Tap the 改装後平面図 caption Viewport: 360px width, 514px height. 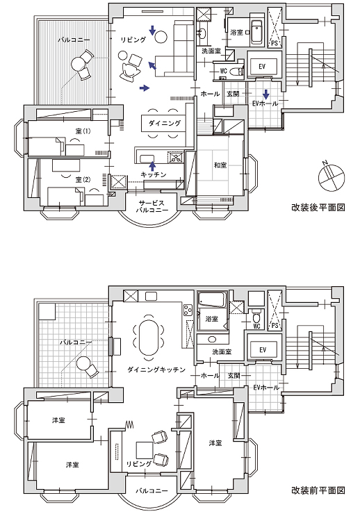coord(318,208)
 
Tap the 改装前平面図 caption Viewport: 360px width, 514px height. coord(318,490)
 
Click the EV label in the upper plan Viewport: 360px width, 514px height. coord(261,67)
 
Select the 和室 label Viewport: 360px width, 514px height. coord(220,165)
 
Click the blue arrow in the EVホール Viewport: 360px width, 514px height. coord(266,94)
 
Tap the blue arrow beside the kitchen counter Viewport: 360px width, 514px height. coord(152,165)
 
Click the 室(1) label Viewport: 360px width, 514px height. coord(83,131)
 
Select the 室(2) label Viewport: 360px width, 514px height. coord(83,180)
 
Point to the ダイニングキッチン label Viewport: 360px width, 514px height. coord(156,370)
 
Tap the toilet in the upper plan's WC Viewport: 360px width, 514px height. coord(236,70)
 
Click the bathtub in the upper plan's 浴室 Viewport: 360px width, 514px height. coord(256,33)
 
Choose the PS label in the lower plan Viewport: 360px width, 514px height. coord(275,326)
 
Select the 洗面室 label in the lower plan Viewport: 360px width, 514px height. coord(222,352)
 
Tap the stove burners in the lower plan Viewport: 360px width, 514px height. coord(188,310)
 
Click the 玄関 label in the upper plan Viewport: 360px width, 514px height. coord(233,94)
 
